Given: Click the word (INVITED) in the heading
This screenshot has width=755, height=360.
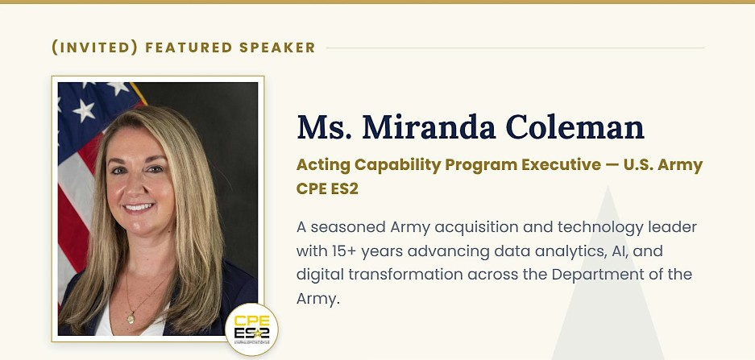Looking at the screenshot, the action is coord(95,48).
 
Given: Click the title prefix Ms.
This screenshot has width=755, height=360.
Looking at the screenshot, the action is coord(325,127).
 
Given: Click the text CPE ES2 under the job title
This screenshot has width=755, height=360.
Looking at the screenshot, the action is coord(327,188).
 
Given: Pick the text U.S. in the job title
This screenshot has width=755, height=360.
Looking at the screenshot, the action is coord(637,165).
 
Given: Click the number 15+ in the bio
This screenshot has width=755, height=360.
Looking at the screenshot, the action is coord(344,250).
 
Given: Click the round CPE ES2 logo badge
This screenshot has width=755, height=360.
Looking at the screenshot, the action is coord(252,329).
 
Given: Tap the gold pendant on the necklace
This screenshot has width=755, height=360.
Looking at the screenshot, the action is coord(130,317).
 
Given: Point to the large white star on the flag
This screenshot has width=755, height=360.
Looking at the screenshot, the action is coord(85,111).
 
